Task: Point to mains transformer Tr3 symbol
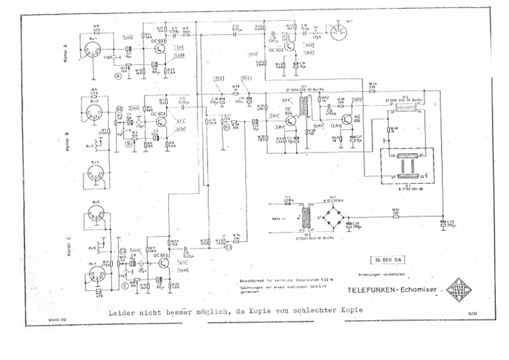[x=307, y=216]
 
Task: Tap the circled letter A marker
[x=119, y=76]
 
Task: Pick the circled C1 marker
[x=228, y=248]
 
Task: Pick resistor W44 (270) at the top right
[x=372, y=86]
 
